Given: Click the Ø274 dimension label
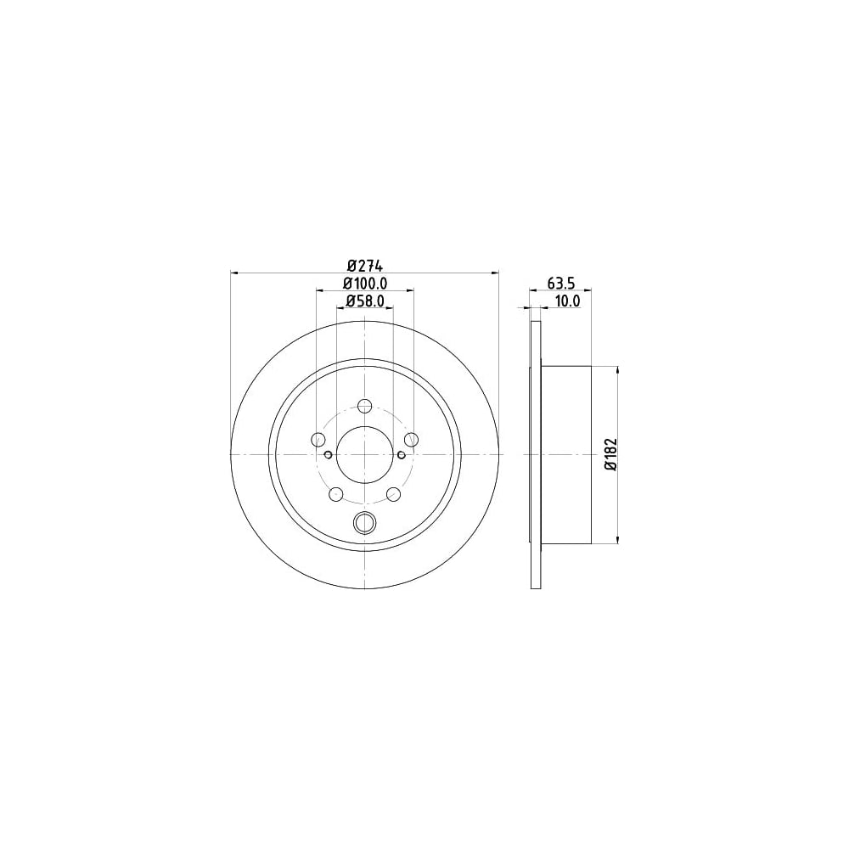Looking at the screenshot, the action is click(364, 267).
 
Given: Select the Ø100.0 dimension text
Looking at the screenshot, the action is click(365, 284).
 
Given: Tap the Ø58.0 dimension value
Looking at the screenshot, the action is click(365, 301).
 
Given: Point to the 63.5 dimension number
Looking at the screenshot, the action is click(560, 283).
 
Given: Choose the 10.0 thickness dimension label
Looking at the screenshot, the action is click(568, 301).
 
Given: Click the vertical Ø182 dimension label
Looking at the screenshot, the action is click(611, 453).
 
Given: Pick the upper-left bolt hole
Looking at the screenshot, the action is click(319, 439).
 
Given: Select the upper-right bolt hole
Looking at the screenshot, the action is click(412, 439).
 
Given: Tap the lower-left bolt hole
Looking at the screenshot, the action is click(337, 494).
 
